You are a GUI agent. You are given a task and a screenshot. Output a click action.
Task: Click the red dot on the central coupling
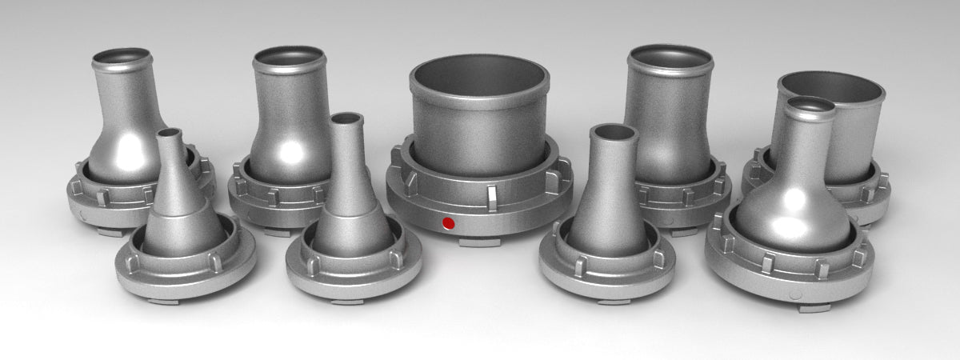click(448, 222)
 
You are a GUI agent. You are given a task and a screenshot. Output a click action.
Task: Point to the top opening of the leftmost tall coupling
click(122, 58)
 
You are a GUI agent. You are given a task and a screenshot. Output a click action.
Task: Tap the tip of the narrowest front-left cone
click(168, 133)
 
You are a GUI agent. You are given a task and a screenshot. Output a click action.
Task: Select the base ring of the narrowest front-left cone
click(185, 272)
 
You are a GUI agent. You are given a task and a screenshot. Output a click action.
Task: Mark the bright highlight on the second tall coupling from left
click(292, 150)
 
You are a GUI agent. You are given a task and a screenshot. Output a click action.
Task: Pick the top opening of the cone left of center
click(346, 119)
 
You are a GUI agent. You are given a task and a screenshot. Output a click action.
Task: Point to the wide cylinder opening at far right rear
click(832, 85)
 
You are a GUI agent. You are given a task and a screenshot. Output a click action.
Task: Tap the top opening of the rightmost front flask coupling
click(810, 106)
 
